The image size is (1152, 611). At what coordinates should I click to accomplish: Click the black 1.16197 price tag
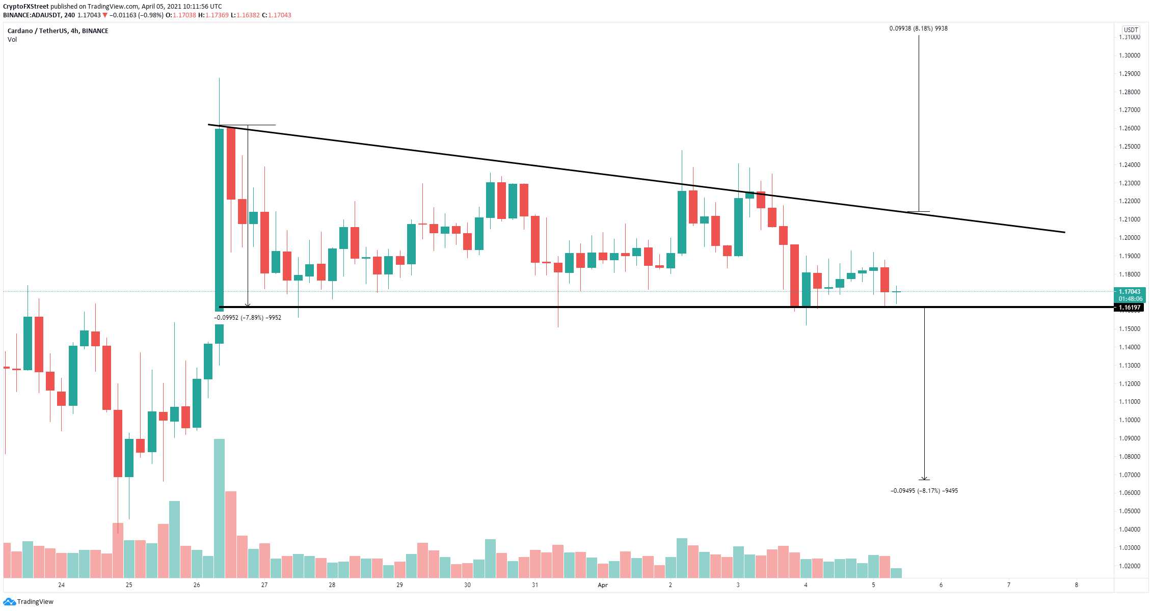click(1129, 308)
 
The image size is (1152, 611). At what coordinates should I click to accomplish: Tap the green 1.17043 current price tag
click(1129, 292)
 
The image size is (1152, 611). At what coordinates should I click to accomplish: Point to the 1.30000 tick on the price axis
click(1129, 55)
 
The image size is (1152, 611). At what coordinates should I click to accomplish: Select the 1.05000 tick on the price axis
click(1129, 511)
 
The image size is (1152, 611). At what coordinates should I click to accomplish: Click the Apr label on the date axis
click(603, 585)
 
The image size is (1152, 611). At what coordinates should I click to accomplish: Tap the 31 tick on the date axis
click(535, 585)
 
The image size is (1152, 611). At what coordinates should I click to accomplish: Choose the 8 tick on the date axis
click(1077, 585)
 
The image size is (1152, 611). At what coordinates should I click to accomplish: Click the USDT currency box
click(1131, 30)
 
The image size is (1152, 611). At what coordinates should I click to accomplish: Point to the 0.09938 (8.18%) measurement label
click(918, 29)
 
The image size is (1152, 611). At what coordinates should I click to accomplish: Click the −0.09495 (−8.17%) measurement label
click(924, 491)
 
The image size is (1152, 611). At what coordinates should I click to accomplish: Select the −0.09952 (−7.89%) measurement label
click(247, 318)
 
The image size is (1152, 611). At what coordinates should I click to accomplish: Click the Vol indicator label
click(12, 40)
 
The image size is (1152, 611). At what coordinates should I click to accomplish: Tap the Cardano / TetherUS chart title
click(58, 31)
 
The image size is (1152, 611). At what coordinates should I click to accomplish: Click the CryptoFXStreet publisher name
click(25, 7)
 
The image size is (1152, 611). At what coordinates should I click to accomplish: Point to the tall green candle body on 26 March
click(219, 219)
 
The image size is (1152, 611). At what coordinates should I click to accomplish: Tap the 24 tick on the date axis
click(61, 585)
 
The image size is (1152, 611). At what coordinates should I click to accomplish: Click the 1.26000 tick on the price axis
click(1129, 128)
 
